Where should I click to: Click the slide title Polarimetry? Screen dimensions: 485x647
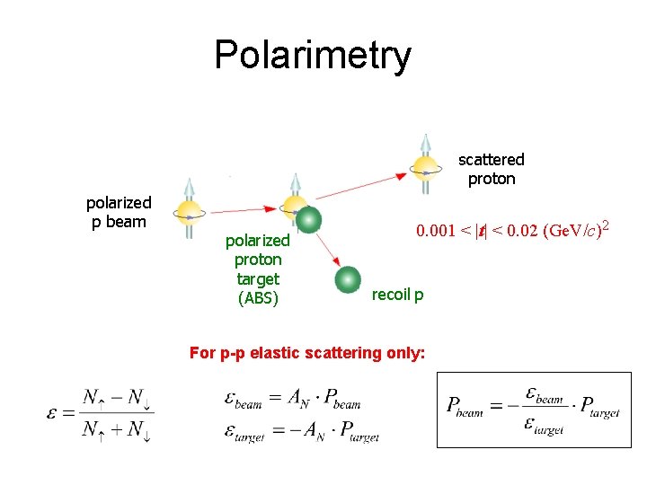click(x=312, y=55)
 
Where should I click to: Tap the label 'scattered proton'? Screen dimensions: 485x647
click(x=491, y=169)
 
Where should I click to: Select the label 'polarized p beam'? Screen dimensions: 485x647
click(x=119, y=212)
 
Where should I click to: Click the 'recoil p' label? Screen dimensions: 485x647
click(x=397, y=294)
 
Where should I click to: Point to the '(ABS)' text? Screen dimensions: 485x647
click(x=258, y=299)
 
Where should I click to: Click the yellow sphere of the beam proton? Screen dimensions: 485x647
click(x=190, y=212)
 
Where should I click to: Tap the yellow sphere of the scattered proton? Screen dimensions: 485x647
click(x=424, y=167)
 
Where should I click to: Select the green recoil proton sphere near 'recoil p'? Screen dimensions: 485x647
click(x=348, y=279)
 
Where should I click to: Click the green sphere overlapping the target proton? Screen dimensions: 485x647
click(x=308, y=220)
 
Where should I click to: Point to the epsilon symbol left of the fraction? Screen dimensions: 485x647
click(x=54, y=413)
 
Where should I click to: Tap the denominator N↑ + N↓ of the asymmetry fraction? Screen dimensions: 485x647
click(x=117, y=430)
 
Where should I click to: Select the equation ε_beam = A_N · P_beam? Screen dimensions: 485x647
click(x=293, y=398)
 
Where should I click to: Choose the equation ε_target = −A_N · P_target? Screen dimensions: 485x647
click(x=302, y=432)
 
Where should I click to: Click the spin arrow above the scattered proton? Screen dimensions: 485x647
click(x=425, y=144)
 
